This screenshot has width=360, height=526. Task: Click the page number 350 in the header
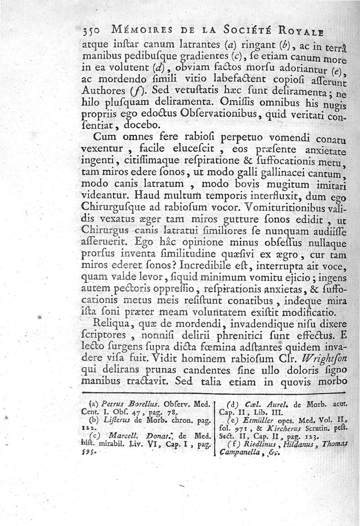[93, 30]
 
